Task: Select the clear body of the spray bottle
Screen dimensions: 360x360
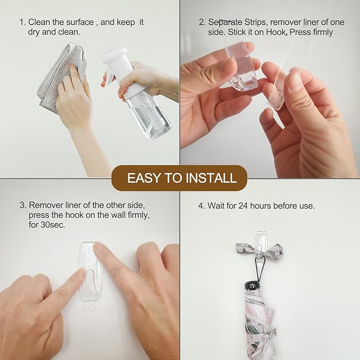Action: click(x=148, y=114)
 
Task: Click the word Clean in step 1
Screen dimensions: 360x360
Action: click(x=39, y=22)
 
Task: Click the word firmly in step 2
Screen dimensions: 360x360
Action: click(x=320, y=32)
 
